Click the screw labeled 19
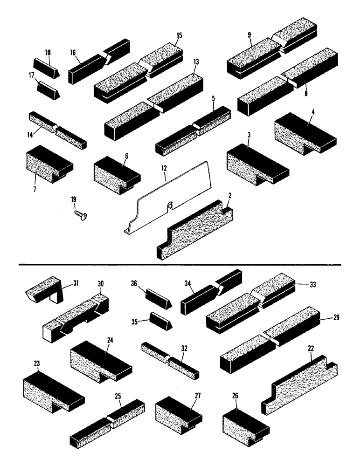pos(81,214)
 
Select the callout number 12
pos(164,177)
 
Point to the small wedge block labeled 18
pos(45,66)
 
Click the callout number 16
pos(73,53)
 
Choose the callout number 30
pos(100,283)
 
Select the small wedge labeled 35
pos(160,321)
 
